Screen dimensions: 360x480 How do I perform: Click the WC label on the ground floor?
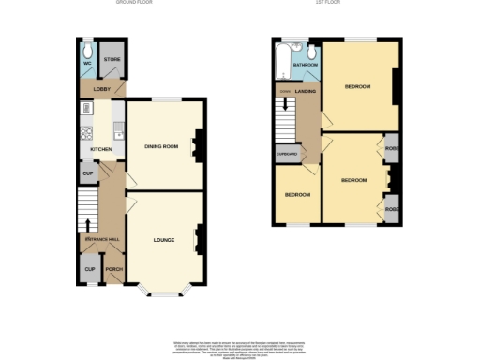pos(87,64)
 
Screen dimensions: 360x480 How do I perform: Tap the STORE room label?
pos(112,60)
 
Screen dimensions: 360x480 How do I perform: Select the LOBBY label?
pos(101,89)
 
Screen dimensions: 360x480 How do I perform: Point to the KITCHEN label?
pos(101,149)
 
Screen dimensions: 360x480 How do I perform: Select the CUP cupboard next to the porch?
pos(90,269)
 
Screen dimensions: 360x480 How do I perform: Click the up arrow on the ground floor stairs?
pos(89,224)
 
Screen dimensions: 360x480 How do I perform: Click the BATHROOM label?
pos(306,65)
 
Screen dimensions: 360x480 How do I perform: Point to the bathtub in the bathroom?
pos(282,62)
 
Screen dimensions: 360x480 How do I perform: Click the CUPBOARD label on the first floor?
pos(286,153)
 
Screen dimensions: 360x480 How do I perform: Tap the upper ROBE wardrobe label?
pos(391,147)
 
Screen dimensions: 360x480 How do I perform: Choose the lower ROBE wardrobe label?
pos(391,210)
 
